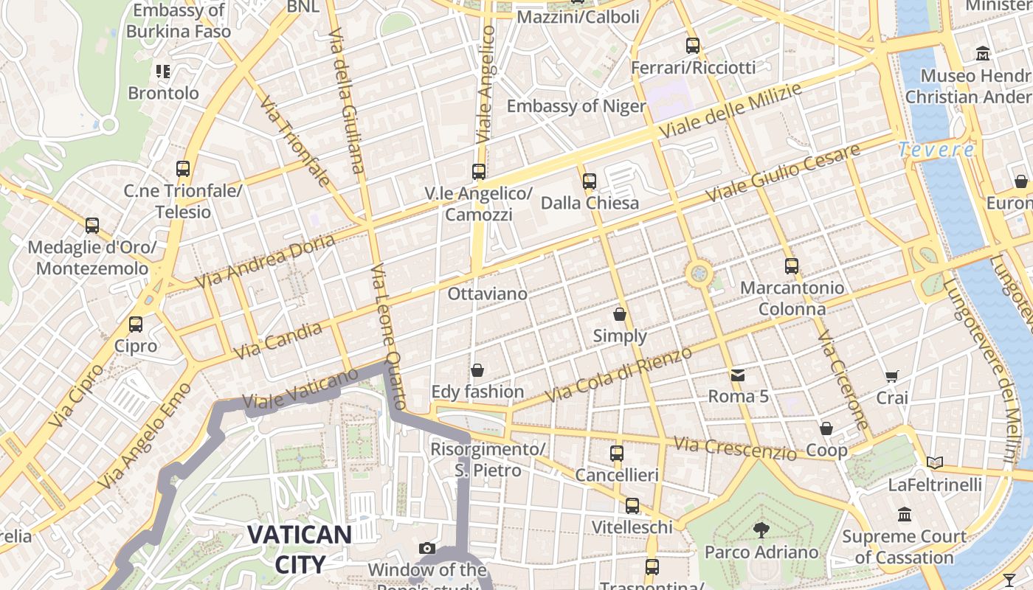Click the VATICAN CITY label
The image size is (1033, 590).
point(300,549)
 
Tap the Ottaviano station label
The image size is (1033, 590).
point(488,294)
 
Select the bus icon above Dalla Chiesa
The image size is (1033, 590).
point(589,181)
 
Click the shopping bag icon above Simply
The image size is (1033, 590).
point(620,314)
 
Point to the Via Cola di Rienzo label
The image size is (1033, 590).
point(618,375)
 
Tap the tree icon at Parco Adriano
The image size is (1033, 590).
point(761,530)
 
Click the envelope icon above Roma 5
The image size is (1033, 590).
point(738,375)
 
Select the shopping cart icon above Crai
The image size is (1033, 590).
point(892,377)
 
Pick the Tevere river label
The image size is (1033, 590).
point(936,150)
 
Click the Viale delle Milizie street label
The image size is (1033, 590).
point(730,111)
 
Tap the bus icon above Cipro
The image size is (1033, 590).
point(136,324)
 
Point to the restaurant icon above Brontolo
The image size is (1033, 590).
point(163,72)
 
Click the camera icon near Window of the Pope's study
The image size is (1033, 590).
point(426,548)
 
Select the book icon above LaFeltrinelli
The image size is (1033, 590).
point(935,462)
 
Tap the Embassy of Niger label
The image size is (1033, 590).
point(576,106)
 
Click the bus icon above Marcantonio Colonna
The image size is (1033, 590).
point(792,265)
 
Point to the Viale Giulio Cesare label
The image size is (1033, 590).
point(784,174)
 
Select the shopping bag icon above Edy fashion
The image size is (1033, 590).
point(477,369)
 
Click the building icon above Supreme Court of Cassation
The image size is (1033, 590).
point(905,514)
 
